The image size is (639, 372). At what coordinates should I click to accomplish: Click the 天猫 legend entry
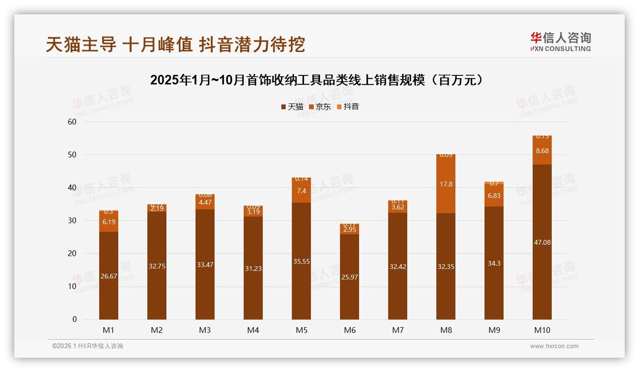292,107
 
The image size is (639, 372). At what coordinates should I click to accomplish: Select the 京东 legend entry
320,107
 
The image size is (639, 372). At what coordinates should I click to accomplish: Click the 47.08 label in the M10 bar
542,242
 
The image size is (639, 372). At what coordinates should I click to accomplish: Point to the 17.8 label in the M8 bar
446,184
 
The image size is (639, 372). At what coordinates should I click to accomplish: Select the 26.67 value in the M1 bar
109,276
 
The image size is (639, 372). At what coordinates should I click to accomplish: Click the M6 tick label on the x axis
350,330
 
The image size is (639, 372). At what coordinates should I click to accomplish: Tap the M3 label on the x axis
205,330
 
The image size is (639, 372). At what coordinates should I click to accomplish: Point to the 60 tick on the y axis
72,122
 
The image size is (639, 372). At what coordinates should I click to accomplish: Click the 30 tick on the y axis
72,220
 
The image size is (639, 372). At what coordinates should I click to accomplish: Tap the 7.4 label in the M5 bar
301,191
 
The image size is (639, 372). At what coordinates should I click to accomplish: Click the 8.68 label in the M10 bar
542,151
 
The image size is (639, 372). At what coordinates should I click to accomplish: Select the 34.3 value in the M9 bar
494,263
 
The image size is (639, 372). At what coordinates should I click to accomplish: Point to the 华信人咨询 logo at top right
560,41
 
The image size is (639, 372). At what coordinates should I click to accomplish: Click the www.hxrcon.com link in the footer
554,346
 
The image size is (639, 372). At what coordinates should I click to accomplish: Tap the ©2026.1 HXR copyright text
87,346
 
